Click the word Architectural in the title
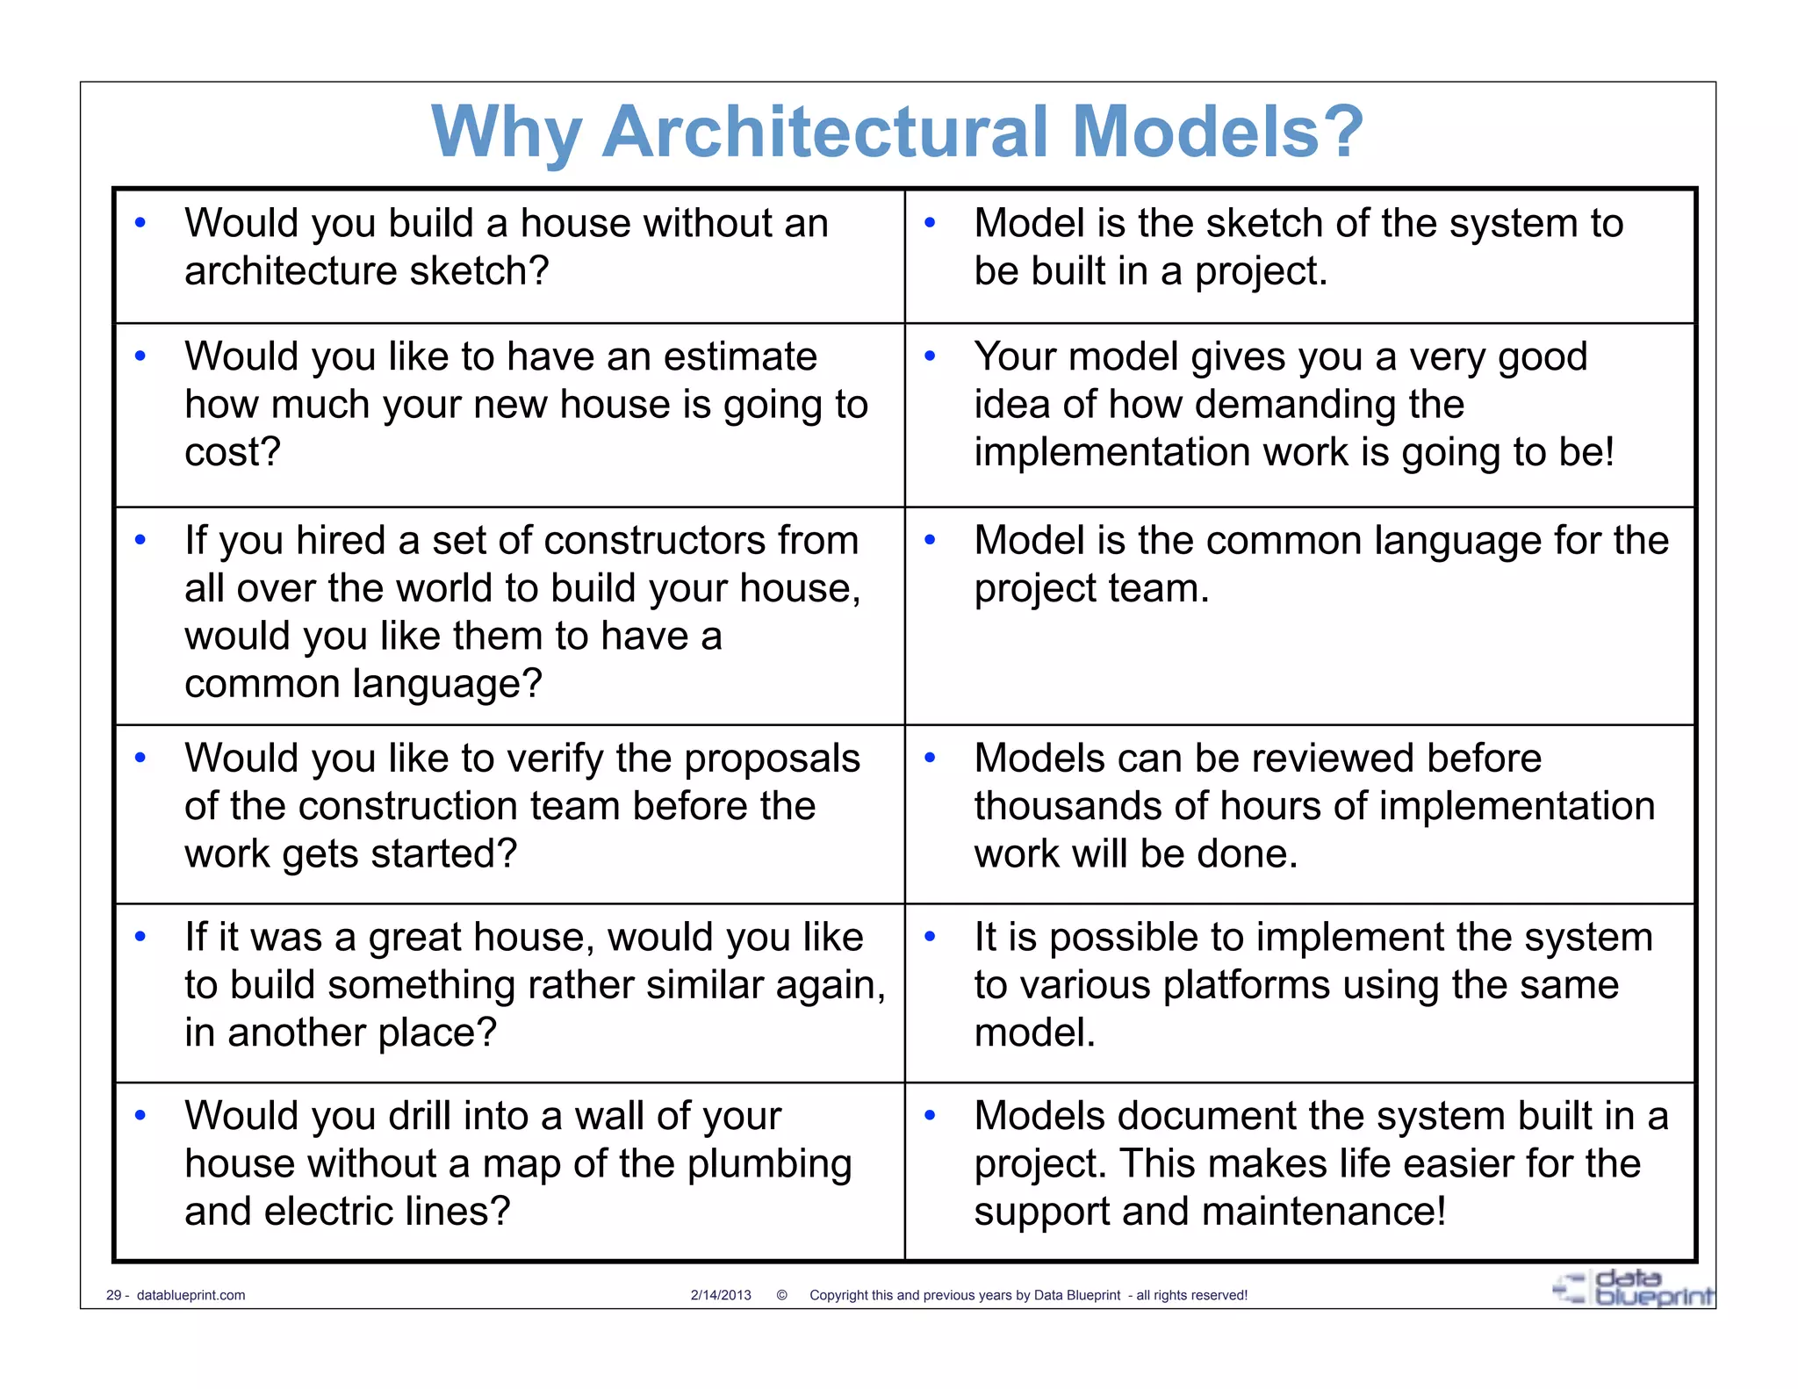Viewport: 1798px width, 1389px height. tap(825, 132)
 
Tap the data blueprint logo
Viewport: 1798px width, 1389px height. tap(1633, 1288)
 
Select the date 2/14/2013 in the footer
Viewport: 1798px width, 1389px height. tap(721, 1295)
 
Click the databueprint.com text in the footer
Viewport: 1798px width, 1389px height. tap(191, 1295)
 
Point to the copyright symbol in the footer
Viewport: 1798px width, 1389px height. tap(781, 1295)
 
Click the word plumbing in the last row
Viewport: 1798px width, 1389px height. tap(769, 1164)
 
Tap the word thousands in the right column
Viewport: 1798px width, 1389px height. tap(1063, 807)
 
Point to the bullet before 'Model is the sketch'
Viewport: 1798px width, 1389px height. tap(931, 223)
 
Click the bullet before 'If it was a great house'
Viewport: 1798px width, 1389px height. tap(140, 937)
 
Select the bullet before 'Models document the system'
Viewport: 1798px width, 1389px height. tap(931, 1116)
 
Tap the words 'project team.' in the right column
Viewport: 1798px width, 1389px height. tap(1091, 589)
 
